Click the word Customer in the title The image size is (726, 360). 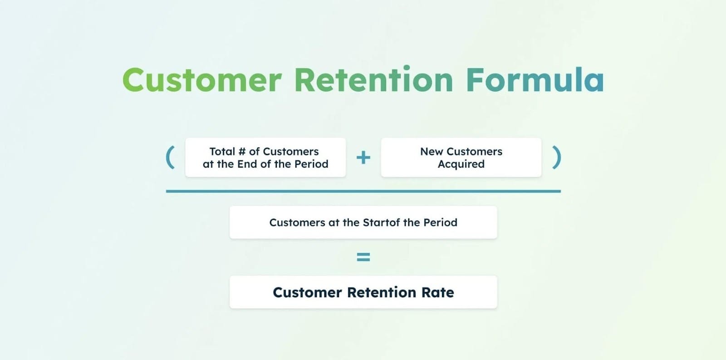[x=202, y=80]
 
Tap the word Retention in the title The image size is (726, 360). [x=374, y=79]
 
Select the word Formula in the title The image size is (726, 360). [x=535, y=80]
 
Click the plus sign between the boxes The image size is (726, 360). [x=363, y=158]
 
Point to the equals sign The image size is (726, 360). [x=363, y=257]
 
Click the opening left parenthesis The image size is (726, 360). [x=171, y=157]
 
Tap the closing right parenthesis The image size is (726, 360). [x=556, y=157]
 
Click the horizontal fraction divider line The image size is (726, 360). [x=363, y=192]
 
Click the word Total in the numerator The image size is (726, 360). [x=222, y=152]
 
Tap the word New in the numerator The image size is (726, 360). [x=432, y=152]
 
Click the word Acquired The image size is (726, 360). [x=461, y=164]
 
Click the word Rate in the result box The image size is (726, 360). [x=437, y=292]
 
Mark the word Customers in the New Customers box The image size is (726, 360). [x=474, y=152]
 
